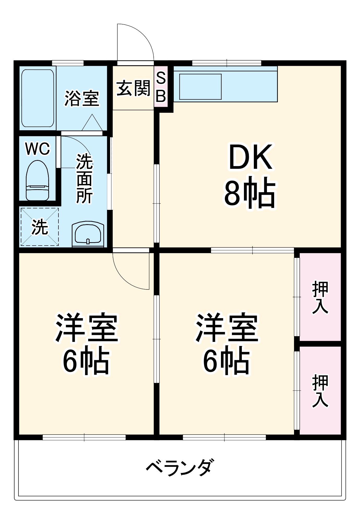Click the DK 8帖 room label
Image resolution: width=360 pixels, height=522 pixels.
250,175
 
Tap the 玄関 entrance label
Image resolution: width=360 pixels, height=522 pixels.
133,88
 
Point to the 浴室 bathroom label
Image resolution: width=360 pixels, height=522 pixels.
82,98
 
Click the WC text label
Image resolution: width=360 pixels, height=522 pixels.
38,149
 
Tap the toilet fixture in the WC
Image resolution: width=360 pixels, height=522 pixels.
38,180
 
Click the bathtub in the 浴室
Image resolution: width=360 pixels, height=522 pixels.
38,98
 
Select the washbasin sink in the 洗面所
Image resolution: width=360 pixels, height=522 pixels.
88,234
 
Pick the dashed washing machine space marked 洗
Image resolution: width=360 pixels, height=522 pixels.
40,227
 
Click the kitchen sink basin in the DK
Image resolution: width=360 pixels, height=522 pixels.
200,87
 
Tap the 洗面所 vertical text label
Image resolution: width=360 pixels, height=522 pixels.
84,179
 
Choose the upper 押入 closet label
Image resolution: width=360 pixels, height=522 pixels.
320,297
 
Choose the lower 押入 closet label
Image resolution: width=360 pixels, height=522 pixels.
320,390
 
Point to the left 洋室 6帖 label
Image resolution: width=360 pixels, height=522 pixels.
86,343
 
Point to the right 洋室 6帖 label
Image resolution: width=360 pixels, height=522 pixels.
227,343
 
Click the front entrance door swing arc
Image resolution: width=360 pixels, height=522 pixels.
138,39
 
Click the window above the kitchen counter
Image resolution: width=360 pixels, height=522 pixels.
226,63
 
